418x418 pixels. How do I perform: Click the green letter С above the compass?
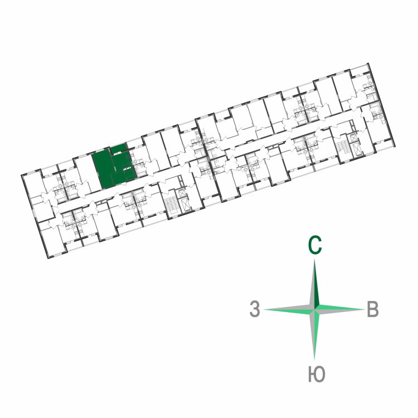coord(315,245)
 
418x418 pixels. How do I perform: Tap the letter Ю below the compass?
coord(317,374)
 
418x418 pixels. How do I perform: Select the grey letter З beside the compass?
coord(255,309)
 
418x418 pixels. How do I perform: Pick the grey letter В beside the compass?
coord(373,309)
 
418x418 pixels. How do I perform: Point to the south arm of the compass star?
coord(314,334)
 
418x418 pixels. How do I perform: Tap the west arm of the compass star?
coord(289,309)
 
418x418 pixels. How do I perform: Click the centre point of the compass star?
coord(315,309)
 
